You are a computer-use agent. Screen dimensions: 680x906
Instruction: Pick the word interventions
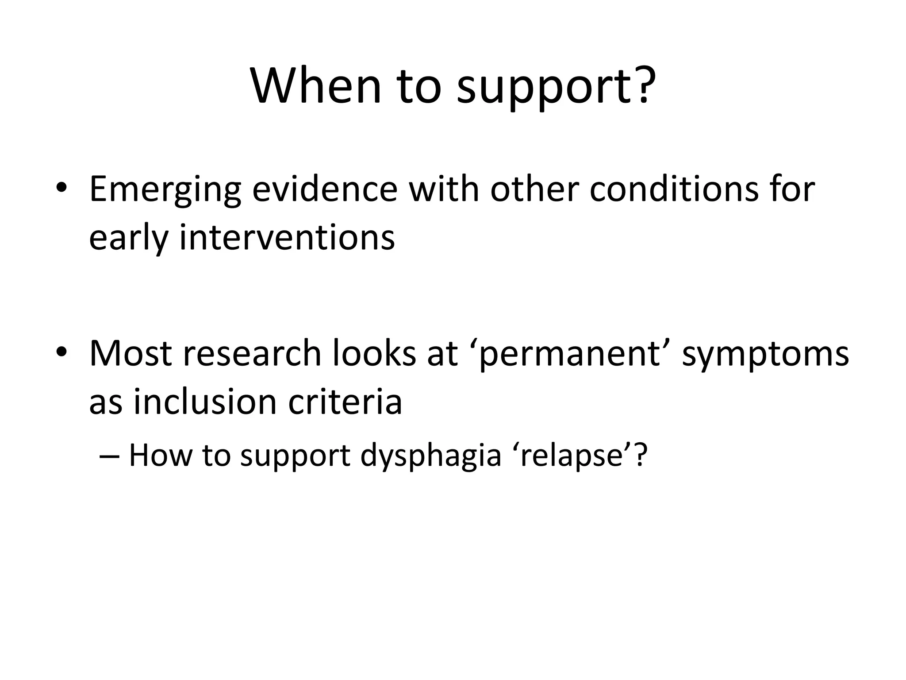(287, 238)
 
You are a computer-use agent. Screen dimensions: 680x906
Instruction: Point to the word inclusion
(205, 402)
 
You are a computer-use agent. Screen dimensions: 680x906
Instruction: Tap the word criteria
(345, 402)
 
